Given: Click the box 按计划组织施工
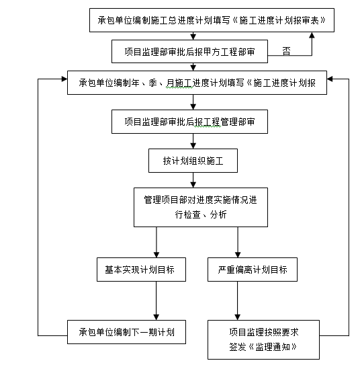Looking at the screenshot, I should pyautogui.click(x=192, y=161).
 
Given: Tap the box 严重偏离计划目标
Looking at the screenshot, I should pyautogui.click(x=252, y=270).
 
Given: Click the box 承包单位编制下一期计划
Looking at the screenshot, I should pyautogui.click(x=127, y=332).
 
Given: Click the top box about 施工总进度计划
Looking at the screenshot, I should pyautogui.click(x=212, y=21).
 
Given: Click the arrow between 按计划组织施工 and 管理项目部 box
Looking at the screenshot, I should pyautogui.click(x=193, y=180).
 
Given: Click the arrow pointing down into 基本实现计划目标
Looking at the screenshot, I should pyautogui.click(x=156, y=243).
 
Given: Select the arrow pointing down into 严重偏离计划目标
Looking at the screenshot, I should pyautogui.click(x=236, y=243).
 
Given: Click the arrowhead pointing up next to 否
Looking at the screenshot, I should pyautogui.click(x=311, y=38).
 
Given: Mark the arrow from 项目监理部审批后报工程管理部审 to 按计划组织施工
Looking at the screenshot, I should pyautogui.click(x=193, y=141).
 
